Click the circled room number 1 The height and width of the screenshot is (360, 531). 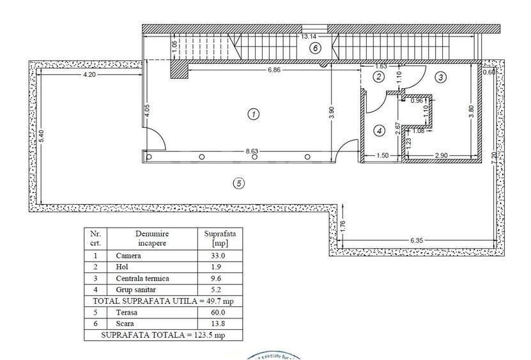254,114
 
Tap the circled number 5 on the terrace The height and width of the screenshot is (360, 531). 238,184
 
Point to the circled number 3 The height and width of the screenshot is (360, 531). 440,77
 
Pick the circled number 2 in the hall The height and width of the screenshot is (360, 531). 378,77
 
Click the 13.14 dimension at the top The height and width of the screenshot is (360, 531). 310,36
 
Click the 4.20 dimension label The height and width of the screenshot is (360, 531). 89,75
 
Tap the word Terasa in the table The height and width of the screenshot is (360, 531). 127,313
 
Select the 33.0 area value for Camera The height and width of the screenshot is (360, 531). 212,255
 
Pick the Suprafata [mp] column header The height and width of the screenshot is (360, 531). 212,238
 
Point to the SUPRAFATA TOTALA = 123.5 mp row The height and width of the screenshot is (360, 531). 164,334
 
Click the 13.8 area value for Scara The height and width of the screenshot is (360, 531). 212,324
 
